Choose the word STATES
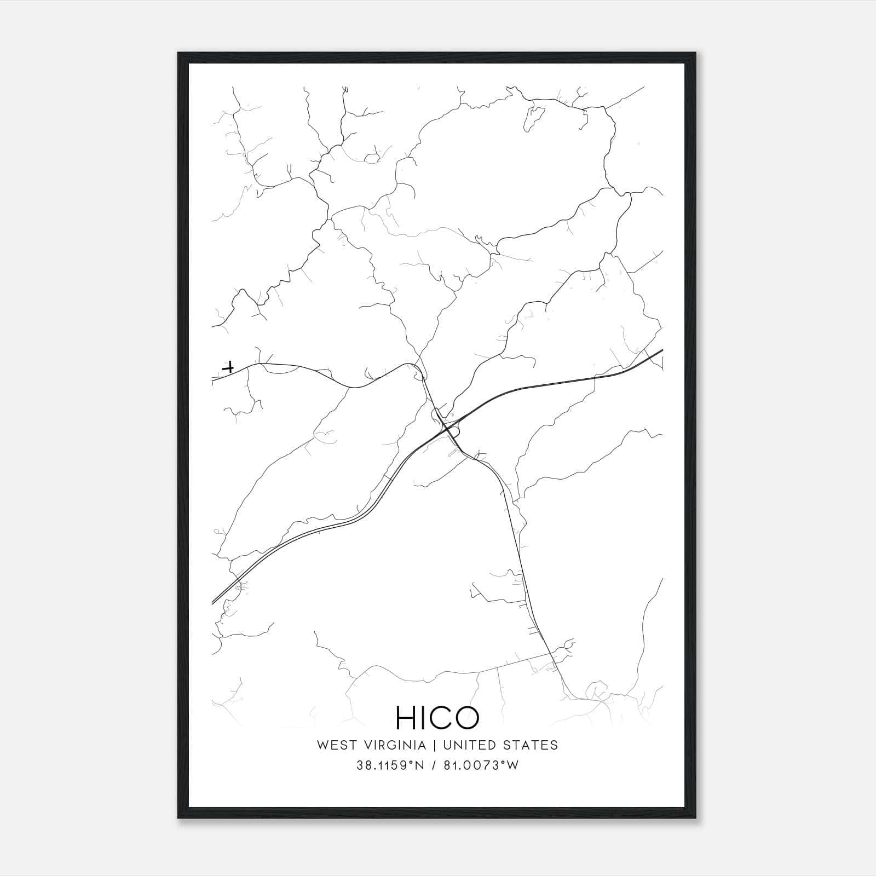click(x=533, y=745)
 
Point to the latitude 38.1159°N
click(x=390, y=765)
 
